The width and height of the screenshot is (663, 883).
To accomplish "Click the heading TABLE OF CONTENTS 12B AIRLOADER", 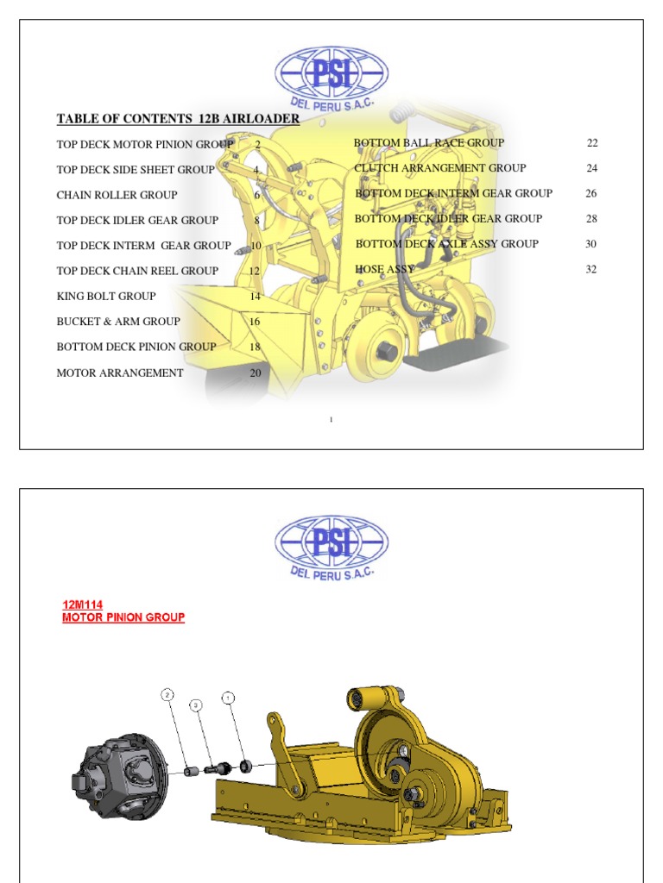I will point(178,119).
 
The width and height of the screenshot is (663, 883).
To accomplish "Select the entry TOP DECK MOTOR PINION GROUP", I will point(145,144).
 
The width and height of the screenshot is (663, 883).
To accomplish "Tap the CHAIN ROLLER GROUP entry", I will point(117,195).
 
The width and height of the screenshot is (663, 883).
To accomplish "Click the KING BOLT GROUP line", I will point(106,296).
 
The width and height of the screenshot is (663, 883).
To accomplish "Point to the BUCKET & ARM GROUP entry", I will point(118,322).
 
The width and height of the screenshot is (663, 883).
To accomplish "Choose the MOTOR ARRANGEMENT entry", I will point(120,373).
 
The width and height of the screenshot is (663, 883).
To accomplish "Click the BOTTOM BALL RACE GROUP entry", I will point(429,143).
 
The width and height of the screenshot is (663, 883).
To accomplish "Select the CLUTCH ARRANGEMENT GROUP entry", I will point(439,168).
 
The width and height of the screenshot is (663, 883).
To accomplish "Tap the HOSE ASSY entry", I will point(385,270).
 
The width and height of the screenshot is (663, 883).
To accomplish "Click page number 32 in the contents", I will point(591,270).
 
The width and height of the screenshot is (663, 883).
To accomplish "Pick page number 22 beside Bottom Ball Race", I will point(592,143).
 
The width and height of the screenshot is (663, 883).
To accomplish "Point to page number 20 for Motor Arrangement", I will point(256,373).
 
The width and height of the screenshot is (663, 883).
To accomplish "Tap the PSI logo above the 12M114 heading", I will point(331,542).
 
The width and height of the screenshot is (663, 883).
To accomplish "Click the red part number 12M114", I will point(83,605).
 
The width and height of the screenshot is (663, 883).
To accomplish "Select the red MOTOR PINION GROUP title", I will point(123,618).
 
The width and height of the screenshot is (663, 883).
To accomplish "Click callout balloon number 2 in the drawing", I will point(167,694).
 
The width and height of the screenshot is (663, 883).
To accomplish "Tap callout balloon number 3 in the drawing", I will point(197,705).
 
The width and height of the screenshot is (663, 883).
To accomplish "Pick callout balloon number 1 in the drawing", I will point(228,696).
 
